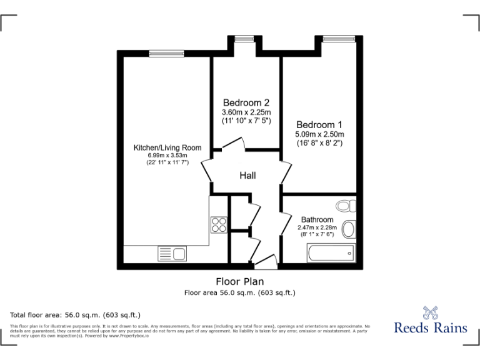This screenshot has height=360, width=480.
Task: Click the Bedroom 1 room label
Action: point(319,124)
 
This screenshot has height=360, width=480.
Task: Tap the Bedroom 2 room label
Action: point(246,102)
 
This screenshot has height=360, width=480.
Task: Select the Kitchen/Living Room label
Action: point(167,147)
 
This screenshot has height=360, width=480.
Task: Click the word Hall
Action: point(247,176)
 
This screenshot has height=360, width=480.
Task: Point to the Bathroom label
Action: point(317,220)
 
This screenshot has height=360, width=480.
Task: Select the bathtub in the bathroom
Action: point(330,253)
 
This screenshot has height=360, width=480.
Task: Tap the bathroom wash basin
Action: point(349,229)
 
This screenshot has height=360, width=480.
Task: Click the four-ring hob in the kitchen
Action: point(219,224)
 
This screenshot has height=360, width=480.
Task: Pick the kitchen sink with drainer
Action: point(172,254)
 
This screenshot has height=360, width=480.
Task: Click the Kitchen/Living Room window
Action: point(166,53)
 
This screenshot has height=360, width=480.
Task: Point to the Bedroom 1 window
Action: point(338,39)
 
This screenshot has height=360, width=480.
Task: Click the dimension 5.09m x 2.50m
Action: point(319,134)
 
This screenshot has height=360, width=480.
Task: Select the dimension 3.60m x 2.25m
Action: point(246,112)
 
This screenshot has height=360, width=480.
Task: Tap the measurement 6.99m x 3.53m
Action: point(167,156)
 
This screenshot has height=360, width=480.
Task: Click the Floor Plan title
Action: point(239,281)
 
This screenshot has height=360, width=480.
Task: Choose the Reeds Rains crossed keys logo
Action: point(430,313)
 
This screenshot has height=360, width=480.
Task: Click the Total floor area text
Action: point(76,314)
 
